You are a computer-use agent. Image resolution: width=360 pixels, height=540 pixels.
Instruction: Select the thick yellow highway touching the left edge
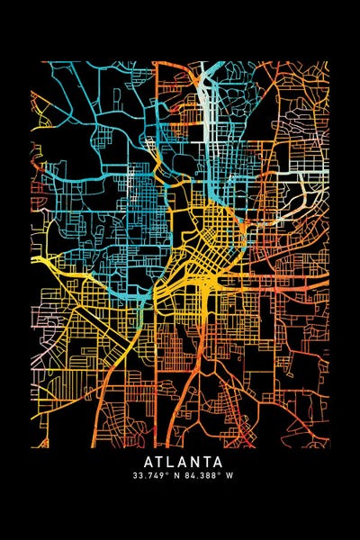click(49, 261)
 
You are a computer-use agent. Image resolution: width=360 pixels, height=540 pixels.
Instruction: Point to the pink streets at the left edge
click(38, 360)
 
